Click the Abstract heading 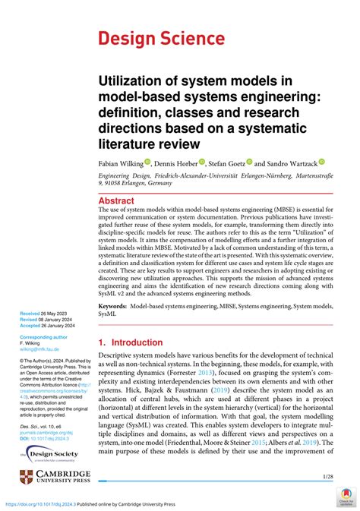click(x=122, y=201)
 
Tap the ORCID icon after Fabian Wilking click(x=148, y=162)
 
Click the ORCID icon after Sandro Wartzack click(x=321, y=162)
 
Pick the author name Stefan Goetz click(x=230, y=162)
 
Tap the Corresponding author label click(x=44, y=336)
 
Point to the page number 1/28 click(x=327, y=476)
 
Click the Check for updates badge click(x=346, y=498)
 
